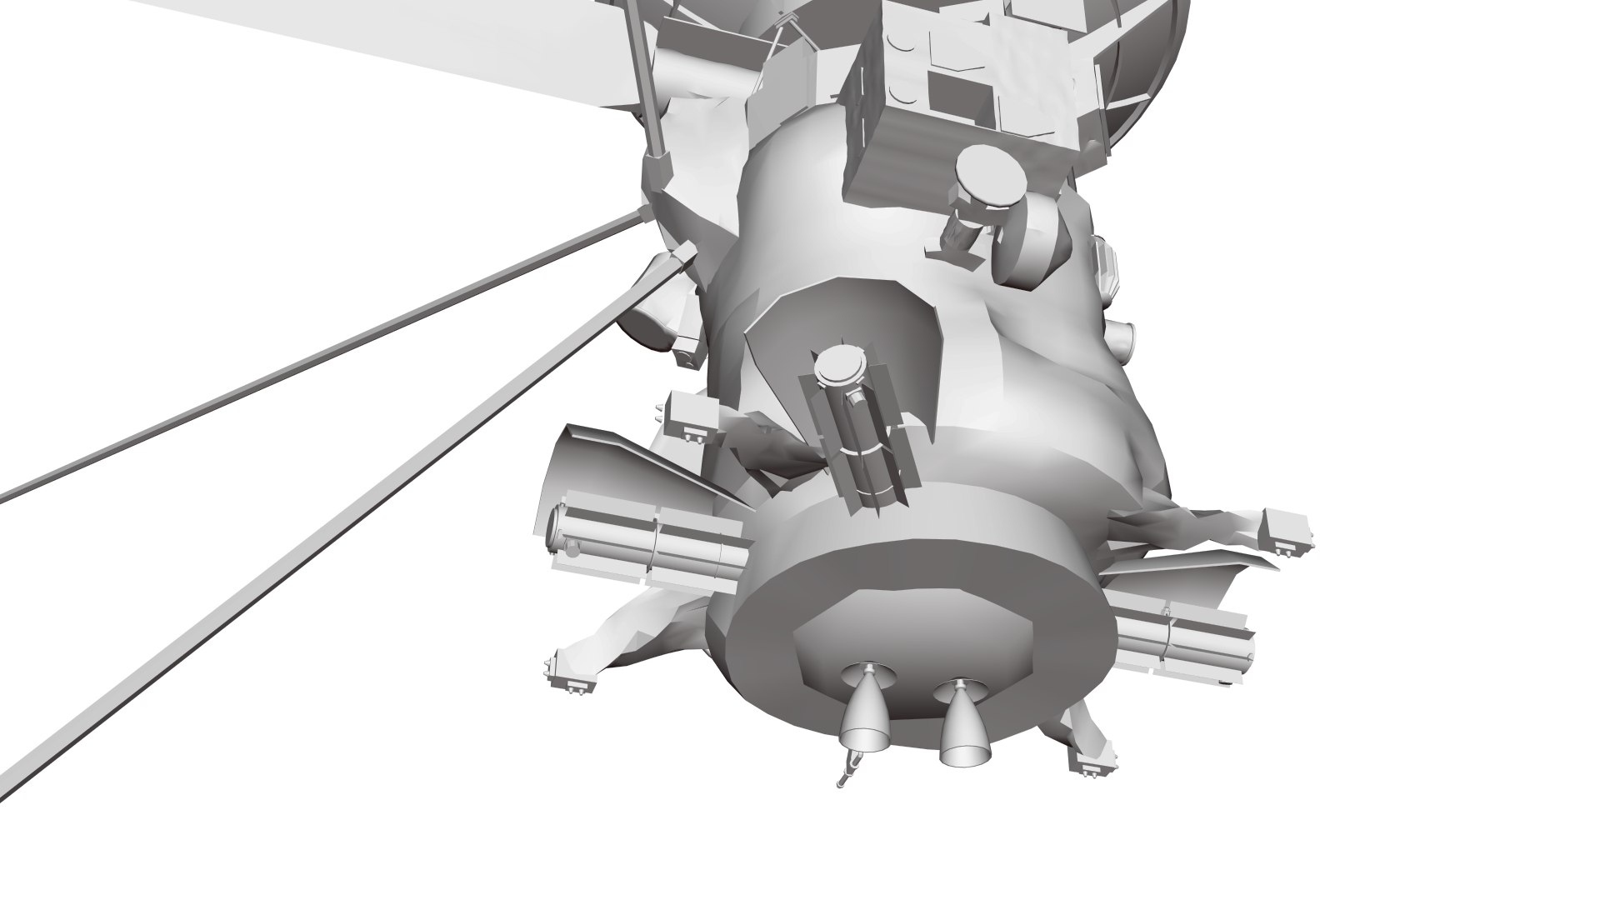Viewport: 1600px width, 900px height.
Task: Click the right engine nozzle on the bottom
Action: coord(963,720)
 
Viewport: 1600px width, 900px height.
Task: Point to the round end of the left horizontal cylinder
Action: coord(555,532)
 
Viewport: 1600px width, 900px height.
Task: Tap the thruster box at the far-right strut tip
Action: coord(1287,529)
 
